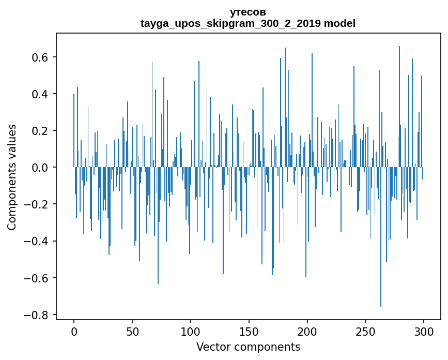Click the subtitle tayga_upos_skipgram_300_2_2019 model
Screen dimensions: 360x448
point(248,23)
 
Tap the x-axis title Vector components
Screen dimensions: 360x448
point(248,347)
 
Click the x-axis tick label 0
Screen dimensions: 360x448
point(74,331)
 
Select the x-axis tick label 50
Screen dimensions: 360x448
point(132,331)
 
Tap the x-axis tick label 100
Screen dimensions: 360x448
point(191,331)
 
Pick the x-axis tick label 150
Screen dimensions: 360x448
point(249,331)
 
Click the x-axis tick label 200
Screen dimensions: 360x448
point(307,331)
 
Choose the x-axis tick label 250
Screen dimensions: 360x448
point(366,331)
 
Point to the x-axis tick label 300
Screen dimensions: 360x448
point(424,331)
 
